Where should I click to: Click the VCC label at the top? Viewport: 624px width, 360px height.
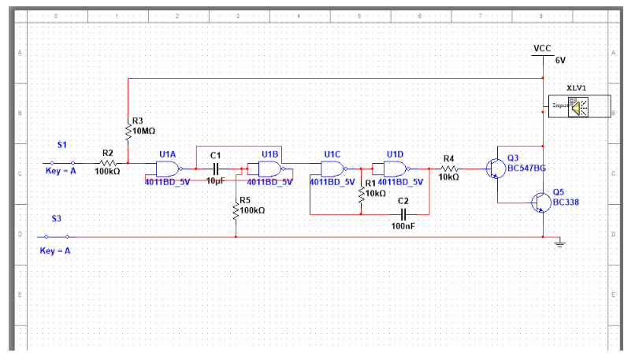(542, 49)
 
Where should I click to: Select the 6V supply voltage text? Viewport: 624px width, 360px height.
(560, 60)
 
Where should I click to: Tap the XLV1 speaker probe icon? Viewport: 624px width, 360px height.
(579, 106)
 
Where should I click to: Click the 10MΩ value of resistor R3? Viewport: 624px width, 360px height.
(144, 131)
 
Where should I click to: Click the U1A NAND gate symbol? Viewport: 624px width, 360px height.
(168, 169)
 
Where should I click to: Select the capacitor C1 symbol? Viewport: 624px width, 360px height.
(216, 169)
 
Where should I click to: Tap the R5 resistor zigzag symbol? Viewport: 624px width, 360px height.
(236, 210)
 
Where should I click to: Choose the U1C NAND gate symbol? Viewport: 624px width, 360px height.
(332, 169)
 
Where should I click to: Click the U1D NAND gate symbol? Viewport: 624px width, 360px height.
(394, 169)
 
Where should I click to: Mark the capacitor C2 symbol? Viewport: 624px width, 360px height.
(403, 213)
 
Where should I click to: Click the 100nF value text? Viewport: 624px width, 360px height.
(403, 226)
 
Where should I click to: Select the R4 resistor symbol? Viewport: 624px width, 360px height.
(449, 169)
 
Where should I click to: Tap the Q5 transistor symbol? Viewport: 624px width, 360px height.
(540, 202)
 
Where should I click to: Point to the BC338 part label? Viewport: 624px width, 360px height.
(566, 202)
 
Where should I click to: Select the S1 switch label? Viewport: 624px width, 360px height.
(62, 145)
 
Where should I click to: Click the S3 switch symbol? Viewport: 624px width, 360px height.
(57, 236)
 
